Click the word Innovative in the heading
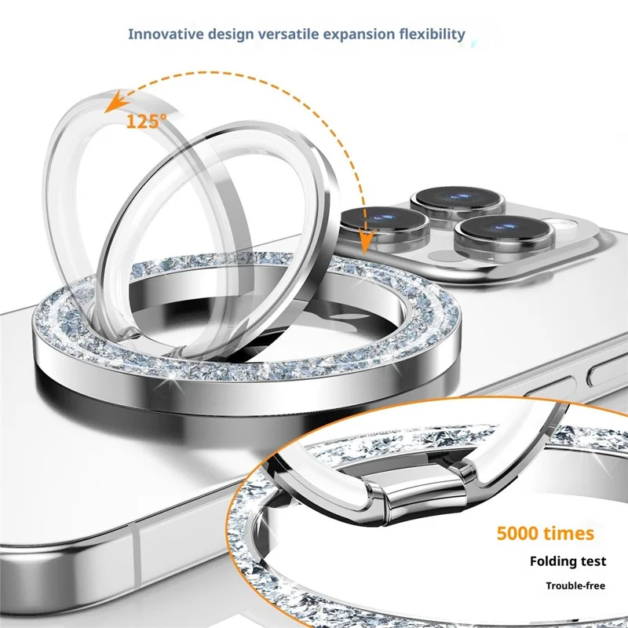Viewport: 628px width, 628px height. pos(166,34)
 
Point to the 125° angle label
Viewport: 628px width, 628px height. pos(147,121)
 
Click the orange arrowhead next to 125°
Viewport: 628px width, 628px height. pos(115,101)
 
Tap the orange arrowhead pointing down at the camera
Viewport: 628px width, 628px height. pos(365,240)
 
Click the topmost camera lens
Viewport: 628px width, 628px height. pos(458,200)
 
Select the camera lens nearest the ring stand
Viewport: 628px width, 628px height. pos(385,222)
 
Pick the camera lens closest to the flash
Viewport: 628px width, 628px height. pos(505,232)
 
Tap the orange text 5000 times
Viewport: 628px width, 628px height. pos(545,533)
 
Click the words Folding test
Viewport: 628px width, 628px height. pos(568,561)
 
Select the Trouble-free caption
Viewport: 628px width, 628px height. pos(575,586)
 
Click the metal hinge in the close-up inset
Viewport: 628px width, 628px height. pos(421,492)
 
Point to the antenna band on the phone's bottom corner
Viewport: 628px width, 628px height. pos(136,557)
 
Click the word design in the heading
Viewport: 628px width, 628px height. pos(231,35)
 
